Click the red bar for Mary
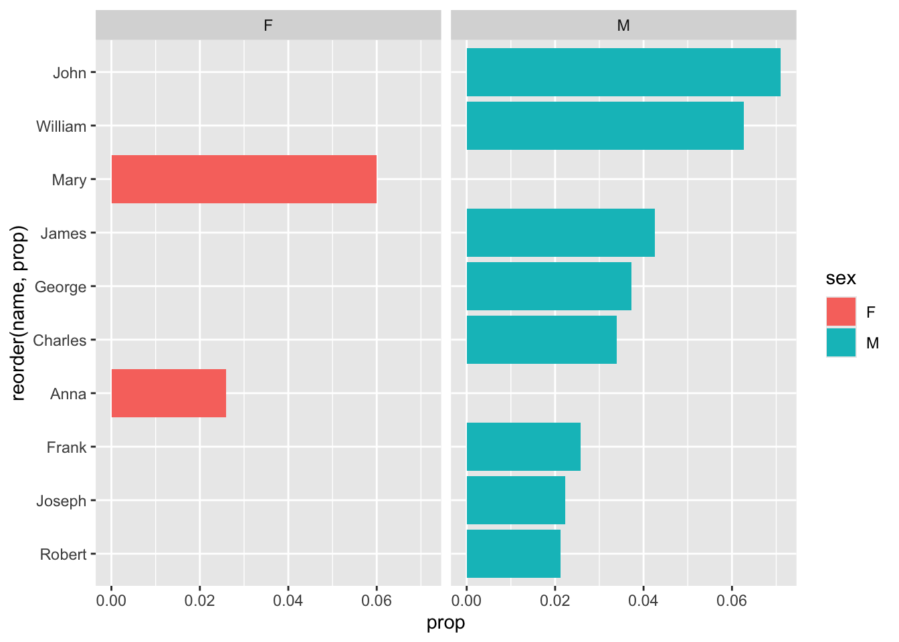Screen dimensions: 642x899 click(243, 179)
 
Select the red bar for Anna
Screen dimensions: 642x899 click(169, 393)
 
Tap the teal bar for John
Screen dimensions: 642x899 click(623, 72)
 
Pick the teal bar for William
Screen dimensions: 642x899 click(605, 126)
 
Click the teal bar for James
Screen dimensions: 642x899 click(560, 233)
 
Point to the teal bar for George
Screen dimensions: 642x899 click(548, 286)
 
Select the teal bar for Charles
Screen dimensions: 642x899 click(541, 340)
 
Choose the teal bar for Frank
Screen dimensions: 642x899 click(523, 447)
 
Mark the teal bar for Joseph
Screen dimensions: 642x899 click(515, 500)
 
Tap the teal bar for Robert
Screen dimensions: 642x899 click(513, 554)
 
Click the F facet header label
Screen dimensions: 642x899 click(268, 26)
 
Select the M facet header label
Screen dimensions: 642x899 click(623, 26)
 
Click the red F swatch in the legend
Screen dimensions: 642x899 click(841, 312)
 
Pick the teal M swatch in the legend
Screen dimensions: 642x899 click(841, 342)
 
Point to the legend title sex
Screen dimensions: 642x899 click(841, 278)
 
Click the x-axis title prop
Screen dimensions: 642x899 click(445, 623)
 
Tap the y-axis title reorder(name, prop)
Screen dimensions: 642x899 click(19, 313)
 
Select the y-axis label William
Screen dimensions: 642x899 click(62, 126)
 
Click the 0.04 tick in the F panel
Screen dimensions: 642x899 click(288, 600)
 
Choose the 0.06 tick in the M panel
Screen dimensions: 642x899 click(731, 600)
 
